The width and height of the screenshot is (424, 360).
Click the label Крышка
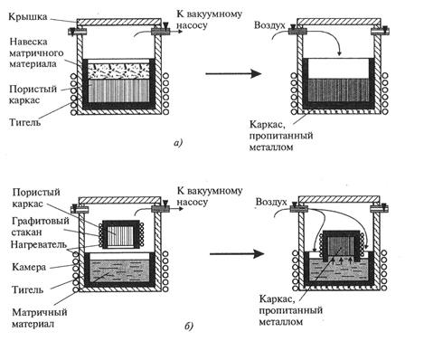click(28, 17)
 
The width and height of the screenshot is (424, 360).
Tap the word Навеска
click(28, 42)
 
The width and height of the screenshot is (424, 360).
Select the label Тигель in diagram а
click(24, 122)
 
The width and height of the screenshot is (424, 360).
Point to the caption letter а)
click(178, 142)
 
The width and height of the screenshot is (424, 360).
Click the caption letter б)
click(188, 327)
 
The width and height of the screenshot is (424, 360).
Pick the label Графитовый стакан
click(41, 226)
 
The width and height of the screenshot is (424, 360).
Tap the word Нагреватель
click(39, 244)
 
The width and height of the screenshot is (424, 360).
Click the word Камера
click(29, 267)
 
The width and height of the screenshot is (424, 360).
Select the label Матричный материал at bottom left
click(40, 318)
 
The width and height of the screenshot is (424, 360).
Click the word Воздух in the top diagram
click(269, 25)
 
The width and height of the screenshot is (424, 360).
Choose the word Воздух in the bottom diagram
click(271, 202)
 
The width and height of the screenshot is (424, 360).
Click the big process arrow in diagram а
click(233, 73)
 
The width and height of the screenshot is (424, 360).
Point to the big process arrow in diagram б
click(237, 254)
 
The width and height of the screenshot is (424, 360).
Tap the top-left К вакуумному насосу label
click(209, 20)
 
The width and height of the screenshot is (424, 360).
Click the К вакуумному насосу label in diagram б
click(210, 196)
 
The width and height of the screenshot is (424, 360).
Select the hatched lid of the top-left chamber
click(118, 23)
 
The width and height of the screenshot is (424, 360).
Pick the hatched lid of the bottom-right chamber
click(339, 199)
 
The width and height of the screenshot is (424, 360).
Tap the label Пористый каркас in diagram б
click(36, 198)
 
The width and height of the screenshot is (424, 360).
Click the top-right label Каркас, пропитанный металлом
click(281, 136)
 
